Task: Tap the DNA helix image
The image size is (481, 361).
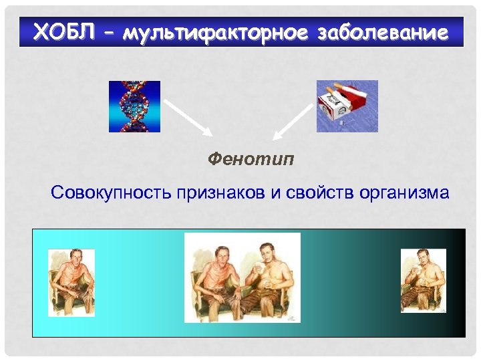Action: [135, 106]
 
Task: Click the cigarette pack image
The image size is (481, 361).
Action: [347, 106]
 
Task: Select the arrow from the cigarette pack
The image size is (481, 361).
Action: [295, 118]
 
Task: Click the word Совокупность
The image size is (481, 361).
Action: [112, 194]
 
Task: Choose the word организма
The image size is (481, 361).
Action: [405, 194]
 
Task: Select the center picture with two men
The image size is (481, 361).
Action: [242, 277]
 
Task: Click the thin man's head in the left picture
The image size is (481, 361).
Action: [73, 258]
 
